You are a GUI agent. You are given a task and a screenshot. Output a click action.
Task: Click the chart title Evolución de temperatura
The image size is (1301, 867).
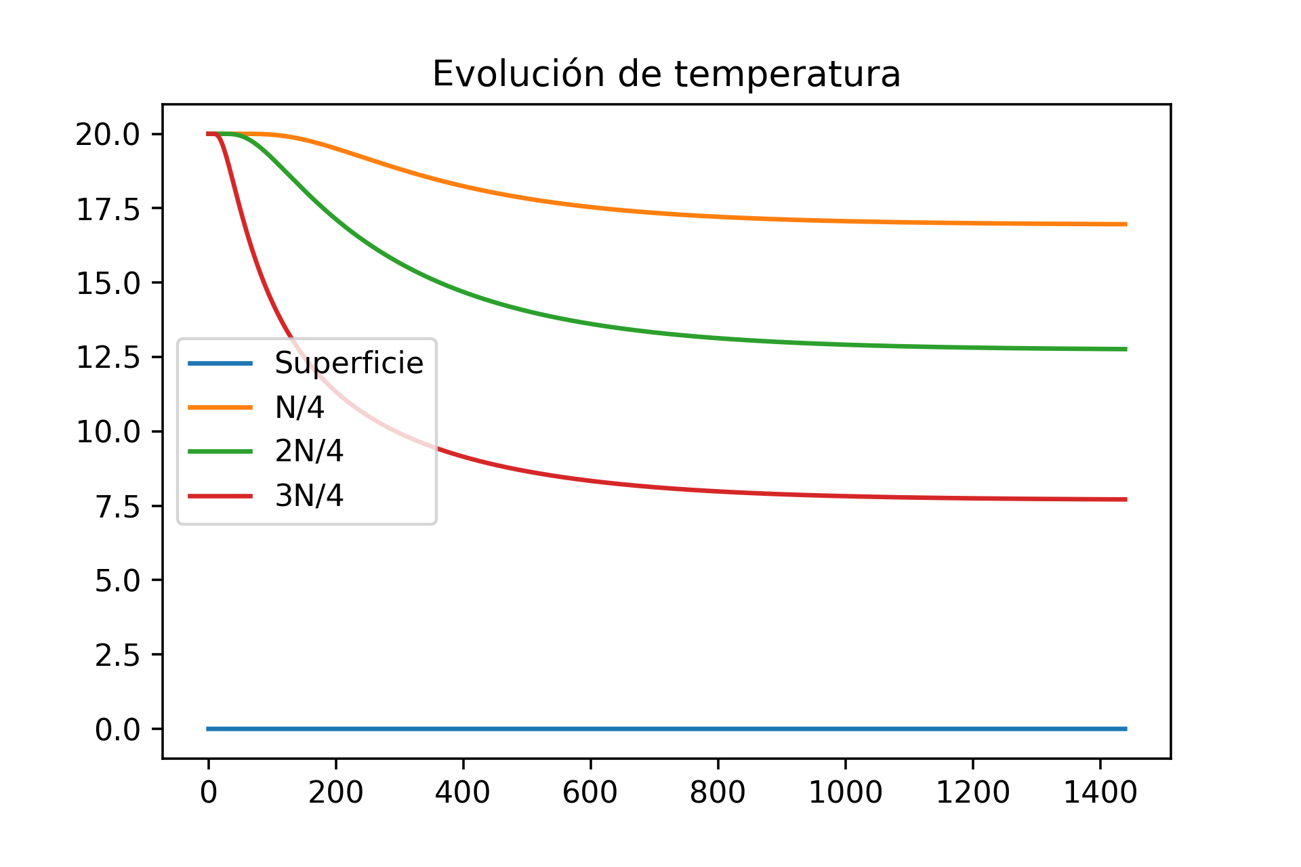pyautogui.click(x=666, y=74)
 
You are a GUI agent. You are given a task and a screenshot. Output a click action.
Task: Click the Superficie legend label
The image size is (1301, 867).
pyautogui.click(x=348, y=364)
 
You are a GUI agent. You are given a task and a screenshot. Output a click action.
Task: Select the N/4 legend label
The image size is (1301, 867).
pyautogui.click(x=300, y=408)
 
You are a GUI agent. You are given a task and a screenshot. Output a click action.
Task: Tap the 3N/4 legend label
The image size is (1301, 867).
pyautogui.click(x=309, y=496)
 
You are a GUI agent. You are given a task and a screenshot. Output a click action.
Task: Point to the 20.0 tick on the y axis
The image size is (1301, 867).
pyautogui.click(x=108, y=135)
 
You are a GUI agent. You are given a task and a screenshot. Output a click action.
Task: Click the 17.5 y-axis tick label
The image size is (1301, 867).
pyautogui.click(x=108, y=209)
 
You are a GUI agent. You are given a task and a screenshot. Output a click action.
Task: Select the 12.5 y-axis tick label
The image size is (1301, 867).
pyautogui.click(x=108, y=358)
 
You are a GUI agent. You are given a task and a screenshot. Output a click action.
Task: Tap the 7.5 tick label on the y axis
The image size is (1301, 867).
pyautogui.click(x=117, y=507)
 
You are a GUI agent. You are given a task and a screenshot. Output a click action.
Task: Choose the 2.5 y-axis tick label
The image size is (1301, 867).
pyautogui.click(x=117, y=655)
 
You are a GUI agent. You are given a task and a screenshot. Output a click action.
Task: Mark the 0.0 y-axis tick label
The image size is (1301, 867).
pyautogui.click(x=117, y=729)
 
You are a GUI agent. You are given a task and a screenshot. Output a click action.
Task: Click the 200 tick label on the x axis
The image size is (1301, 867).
pyautogui.click(x=335, y=792)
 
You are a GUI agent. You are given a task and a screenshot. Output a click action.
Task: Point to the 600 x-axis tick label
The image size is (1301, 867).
pyautogui.click(x=590, y=792)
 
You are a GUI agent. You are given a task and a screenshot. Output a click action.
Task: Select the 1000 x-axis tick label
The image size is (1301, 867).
pyautogui.click(x=845, y=792)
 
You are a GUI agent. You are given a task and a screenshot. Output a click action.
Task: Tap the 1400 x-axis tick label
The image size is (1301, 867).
pyautogui.click(x=1100, y=792)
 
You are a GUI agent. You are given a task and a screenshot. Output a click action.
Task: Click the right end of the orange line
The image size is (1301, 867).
pyautogui.click(x=1126, y=224)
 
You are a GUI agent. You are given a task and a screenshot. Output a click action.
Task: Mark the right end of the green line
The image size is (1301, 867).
pyautogui.click(x=1126, y=349)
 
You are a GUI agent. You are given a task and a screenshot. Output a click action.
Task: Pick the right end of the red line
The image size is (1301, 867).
pyautogui.click(x=1126, y=499)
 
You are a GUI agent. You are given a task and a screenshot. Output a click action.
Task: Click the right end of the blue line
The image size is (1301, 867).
pyautogui.click(x=1126, y=729)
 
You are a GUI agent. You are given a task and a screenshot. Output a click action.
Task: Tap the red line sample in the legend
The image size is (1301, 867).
pyautogui.click(x=220, y=496)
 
